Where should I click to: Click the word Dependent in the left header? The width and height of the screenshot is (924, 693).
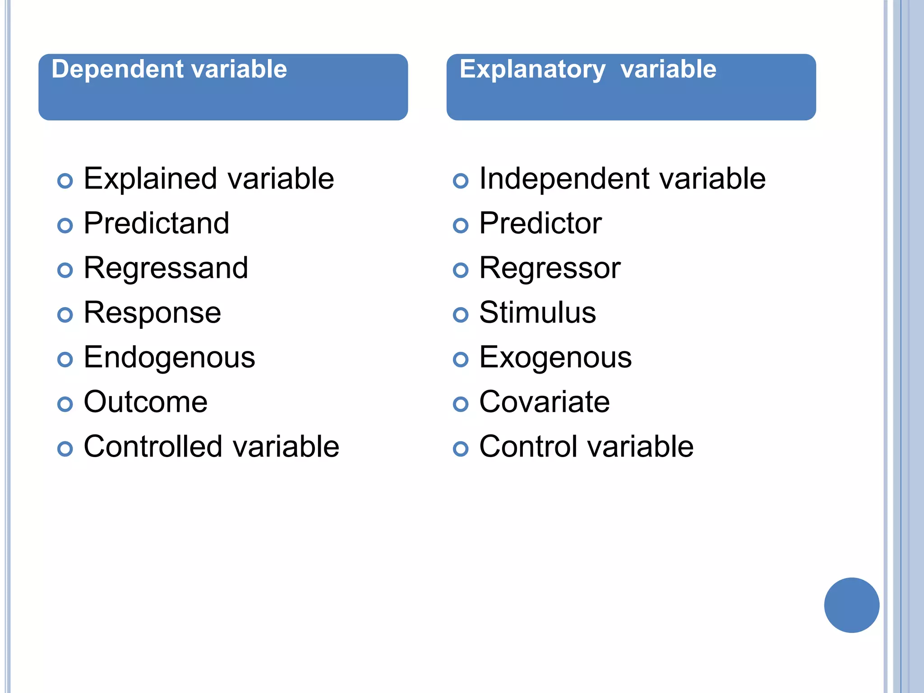115,69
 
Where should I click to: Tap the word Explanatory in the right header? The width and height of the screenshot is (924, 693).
532,70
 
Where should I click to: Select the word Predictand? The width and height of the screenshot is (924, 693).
157,223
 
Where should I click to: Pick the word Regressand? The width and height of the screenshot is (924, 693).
166,268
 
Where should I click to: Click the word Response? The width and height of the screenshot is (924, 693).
152,313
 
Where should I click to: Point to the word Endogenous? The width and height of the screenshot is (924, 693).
169,357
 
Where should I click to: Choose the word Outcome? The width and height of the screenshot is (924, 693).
145,402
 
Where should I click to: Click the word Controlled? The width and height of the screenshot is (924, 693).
153,446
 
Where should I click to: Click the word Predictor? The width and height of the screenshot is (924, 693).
540,223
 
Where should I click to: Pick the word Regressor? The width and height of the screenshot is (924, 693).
550,268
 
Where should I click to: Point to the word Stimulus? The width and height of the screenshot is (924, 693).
537,312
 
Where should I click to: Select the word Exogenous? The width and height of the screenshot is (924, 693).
555,357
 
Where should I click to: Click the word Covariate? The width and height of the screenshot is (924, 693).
544,402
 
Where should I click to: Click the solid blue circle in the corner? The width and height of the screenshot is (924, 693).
851,605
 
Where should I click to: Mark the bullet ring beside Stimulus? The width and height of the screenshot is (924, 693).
460,315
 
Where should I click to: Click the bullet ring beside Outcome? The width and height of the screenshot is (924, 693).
65,404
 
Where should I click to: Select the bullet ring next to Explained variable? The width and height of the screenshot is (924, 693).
65,181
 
